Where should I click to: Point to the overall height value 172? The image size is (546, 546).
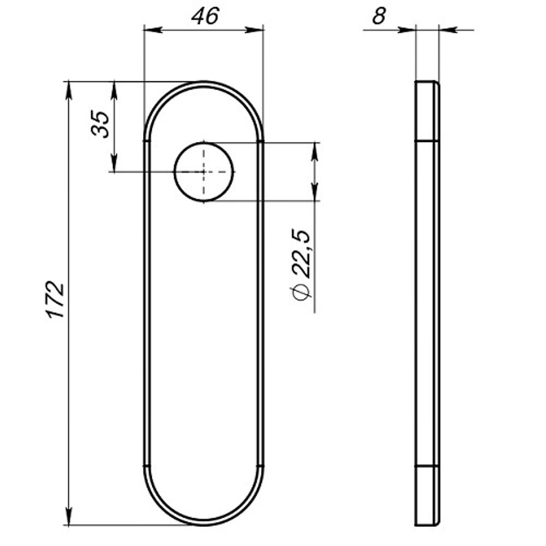pyautogui.click(x=56, y=300)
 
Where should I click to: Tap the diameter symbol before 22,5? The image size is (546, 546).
pyautogui.click(x=302, y=293)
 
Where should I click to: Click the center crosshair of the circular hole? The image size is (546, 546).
pyautogui.click(x=204, y=171)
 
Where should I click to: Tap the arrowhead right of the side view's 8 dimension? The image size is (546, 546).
pyautogui.click(x=447, y=30)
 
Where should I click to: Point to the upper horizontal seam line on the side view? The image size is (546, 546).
pyautogui.click(x=427, y=141)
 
